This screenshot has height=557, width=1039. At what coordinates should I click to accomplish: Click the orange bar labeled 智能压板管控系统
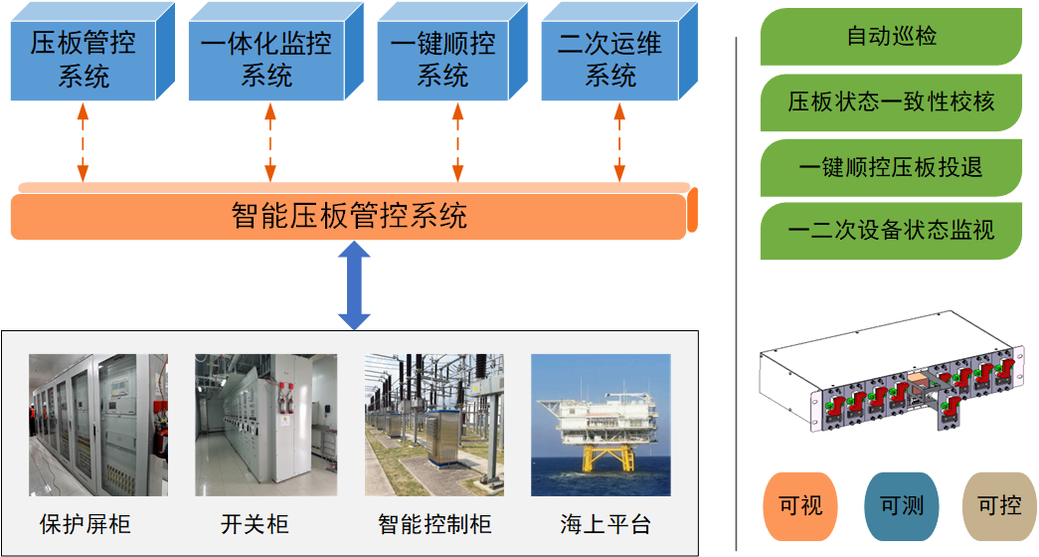(x=348, y=216)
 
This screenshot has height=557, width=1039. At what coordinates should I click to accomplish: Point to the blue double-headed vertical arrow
(x=354, y=285)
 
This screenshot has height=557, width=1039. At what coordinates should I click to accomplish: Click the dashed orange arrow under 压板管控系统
(x=84, y=144)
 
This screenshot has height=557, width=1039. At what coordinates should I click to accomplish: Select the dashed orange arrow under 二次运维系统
(x=619, y=144)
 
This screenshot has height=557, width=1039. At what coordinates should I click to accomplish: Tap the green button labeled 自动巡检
(x=891, y=38)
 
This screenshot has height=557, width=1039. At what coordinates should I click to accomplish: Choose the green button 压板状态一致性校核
(x=891, y=102)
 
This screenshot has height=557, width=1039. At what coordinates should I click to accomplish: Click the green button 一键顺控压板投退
(x=891, y=167)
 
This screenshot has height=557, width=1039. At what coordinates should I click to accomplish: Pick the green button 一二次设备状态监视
(x=891, y=232)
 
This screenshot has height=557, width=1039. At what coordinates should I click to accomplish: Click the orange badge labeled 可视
(x=800, y=506)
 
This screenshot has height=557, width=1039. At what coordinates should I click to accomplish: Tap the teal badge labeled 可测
(x=902, y=506)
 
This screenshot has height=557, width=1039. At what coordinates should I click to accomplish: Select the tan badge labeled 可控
(x=999, y=506)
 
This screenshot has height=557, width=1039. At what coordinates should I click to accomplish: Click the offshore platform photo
(x=601, y=425)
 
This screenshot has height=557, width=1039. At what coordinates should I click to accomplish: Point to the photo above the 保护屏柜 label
(x=97, y=425)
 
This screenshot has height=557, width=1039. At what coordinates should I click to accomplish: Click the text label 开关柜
(x=255, y=524)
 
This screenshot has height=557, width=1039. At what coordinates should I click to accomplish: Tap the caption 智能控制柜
(x=434, y=524)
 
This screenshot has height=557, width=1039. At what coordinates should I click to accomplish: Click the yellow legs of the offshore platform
(x=600, y=460)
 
